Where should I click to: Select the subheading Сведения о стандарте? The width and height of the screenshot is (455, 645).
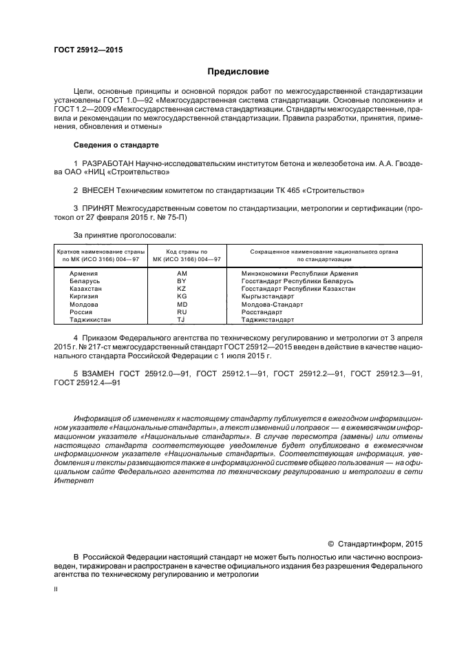pos(116,145)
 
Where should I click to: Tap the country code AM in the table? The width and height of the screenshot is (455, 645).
pos(182,274)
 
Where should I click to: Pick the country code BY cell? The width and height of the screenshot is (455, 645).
pos(182,281)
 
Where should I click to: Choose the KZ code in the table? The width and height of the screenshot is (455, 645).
pos(182,289)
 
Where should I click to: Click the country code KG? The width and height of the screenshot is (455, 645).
pos(182,296)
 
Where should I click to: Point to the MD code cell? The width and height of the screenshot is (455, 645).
pos(182,305)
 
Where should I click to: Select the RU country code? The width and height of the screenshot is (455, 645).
pos(182,312)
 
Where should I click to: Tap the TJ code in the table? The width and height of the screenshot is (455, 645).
pos(182,320)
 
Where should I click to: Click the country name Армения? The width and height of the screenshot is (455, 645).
pos(83,274)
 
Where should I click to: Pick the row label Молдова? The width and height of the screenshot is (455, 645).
pos(84,305)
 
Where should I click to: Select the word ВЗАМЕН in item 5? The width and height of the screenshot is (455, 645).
pos(98,373)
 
